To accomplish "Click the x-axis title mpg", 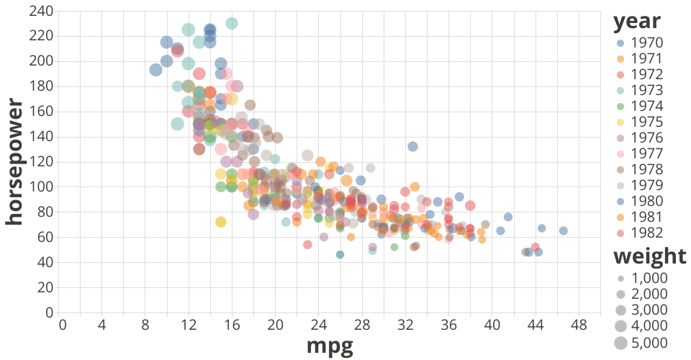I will (330, 346).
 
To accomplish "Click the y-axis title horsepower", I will (14, 162).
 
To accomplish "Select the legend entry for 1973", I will (647, 90).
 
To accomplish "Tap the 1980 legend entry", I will (647, 201).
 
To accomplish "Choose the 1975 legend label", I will (647, 122).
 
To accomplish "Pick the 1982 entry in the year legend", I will (647, 233).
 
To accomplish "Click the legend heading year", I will (637, 22).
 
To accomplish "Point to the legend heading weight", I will (649, 256).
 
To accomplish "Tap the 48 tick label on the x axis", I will (578, 325).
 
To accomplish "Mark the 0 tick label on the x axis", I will (63, 325).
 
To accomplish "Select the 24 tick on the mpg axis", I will (320, 325).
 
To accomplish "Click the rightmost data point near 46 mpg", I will (564, 231).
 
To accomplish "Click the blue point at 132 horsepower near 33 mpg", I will (412, 147).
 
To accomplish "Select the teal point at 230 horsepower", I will (232, 23).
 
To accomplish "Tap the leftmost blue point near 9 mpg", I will (155, 70).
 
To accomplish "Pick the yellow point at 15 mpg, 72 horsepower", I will (221, 222).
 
